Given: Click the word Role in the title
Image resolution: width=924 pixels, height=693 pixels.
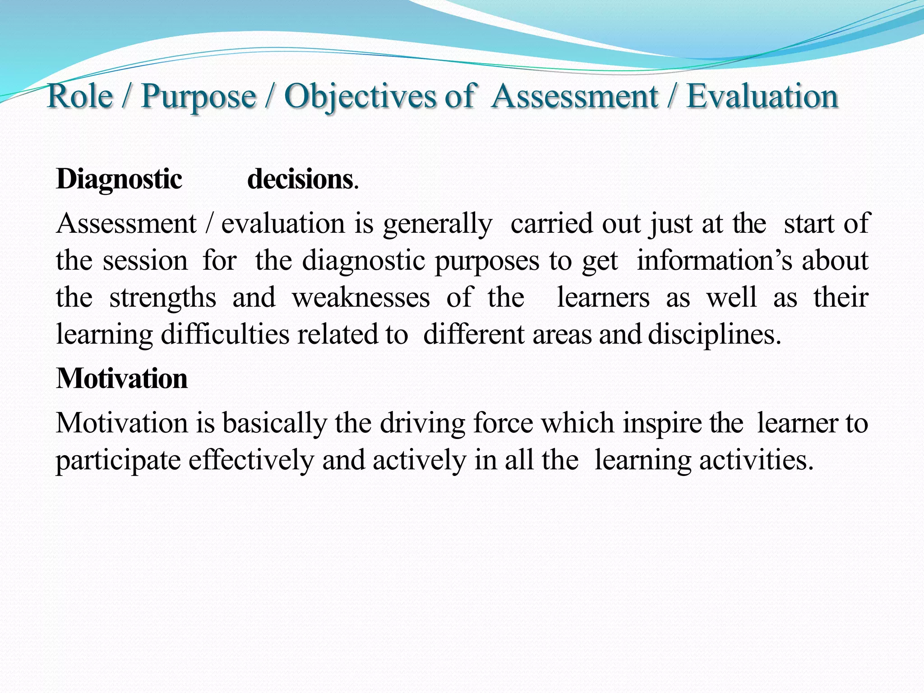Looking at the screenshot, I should (x=80, y=96).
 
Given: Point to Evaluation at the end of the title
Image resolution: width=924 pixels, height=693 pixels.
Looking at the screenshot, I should (x=762, y=96).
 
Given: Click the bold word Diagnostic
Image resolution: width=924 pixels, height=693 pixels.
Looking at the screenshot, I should (x=119, y=180).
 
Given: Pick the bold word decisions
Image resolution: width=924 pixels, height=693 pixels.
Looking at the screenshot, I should (x=300, y=180).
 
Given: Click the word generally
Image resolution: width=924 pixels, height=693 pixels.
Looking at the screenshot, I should (x=438, y=224).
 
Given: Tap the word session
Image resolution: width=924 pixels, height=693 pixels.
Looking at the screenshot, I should (x=145, y=261).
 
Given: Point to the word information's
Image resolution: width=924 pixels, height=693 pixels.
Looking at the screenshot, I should (x=714, y=261).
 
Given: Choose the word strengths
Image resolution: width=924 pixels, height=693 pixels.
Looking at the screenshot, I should (x=163, y=298).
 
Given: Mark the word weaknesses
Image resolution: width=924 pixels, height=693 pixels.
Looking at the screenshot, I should (x=361, y=298).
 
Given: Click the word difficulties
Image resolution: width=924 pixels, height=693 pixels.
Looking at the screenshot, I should (x=225, y=335).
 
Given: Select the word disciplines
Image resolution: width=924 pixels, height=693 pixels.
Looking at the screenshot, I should (x=715, y=335).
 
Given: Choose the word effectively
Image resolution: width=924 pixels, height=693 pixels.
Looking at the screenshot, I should (x=251, y=461).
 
